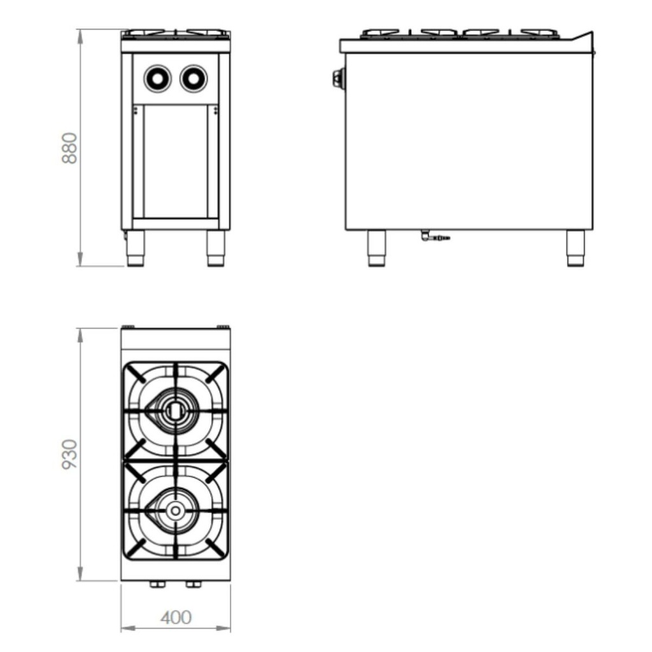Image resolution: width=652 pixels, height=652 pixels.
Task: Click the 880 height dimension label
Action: click(69, 148)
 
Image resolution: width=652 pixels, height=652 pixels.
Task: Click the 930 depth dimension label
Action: click(69, 454)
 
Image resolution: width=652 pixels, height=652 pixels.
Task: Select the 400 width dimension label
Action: click(176, 618)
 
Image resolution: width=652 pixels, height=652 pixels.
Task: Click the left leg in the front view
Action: click(136, 248)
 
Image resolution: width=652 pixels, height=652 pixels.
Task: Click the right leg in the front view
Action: click(216, 248)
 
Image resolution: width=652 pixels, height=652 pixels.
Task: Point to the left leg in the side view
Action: click(376, 248)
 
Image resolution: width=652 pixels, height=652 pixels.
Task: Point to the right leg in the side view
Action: click(576, 248)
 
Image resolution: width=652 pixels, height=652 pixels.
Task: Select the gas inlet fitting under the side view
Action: click(434, 237)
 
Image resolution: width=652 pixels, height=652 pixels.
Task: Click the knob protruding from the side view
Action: click(337, 78)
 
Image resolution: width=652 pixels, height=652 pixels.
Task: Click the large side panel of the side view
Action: click(469, 140)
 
